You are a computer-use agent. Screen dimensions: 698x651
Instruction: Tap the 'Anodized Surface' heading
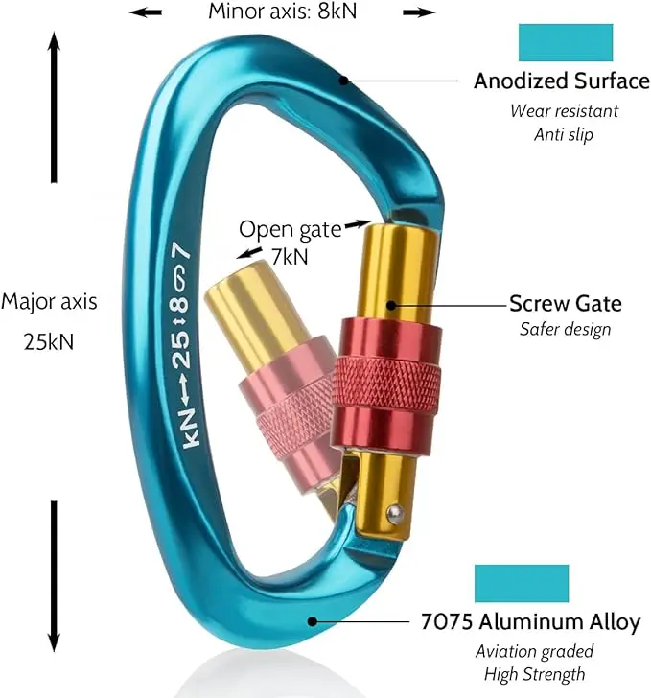click(x=561, y=81)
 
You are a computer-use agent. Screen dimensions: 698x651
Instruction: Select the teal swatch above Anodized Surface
click(x=565, y=43)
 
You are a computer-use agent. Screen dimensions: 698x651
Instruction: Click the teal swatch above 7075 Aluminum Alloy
click(x=522, y=583)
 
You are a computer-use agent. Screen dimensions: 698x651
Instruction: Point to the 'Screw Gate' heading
click(x=565, y=304)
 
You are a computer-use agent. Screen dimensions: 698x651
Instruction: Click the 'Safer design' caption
click(x=565, y=330)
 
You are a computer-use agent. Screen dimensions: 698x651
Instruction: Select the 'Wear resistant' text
click(x=563, y=110)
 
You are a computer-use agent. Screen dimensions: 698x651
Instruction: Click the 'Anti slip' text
click(x=563, y=134)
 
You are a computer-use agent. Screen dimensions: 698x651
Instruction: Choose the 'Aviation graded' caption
click(x=534, y=651)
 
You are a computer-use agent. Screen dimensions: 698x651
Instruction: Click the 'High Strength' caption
click(x=534, y=674)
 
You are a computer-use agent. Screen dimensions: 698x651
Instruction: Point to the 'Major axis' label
click(x=49, y=301)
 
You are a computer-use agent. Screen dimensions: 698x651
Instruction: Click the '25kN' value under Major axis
click(x=49, y=340)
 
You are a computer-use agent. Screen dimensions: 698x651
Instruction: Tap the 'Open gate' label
click(x=290, y=229)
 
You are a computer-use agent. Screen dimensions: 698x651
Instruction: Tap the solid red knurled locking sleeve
click(x=386, y=384)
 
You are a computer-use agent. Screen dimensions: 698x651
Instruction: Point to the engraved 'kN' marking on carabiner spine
click(x=187, y=436)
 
